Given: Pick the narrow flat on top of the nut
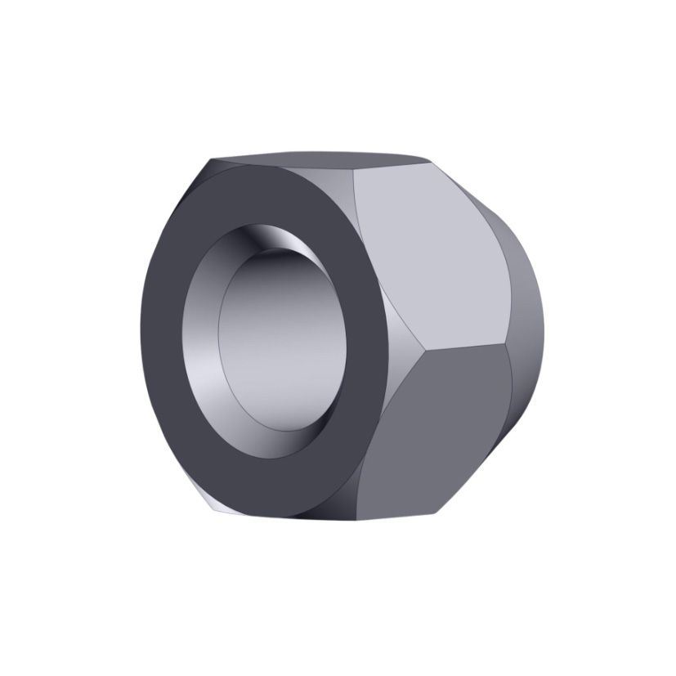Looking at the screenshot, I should coord(319,157).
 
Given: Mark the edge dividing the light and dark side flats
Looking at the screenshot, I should coord(466,347).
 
